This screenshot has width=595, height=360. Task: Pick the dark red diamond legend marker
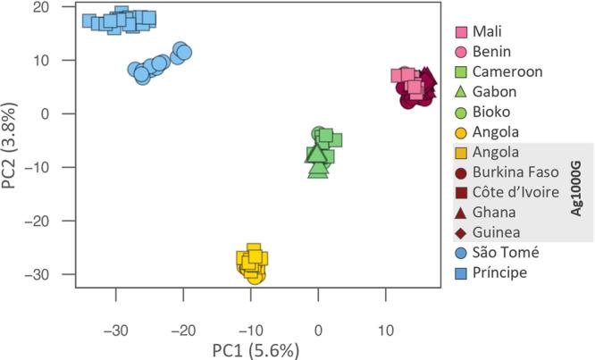(461, 232)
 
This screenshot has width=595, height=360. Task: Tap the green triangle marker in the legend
(461, 90)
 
